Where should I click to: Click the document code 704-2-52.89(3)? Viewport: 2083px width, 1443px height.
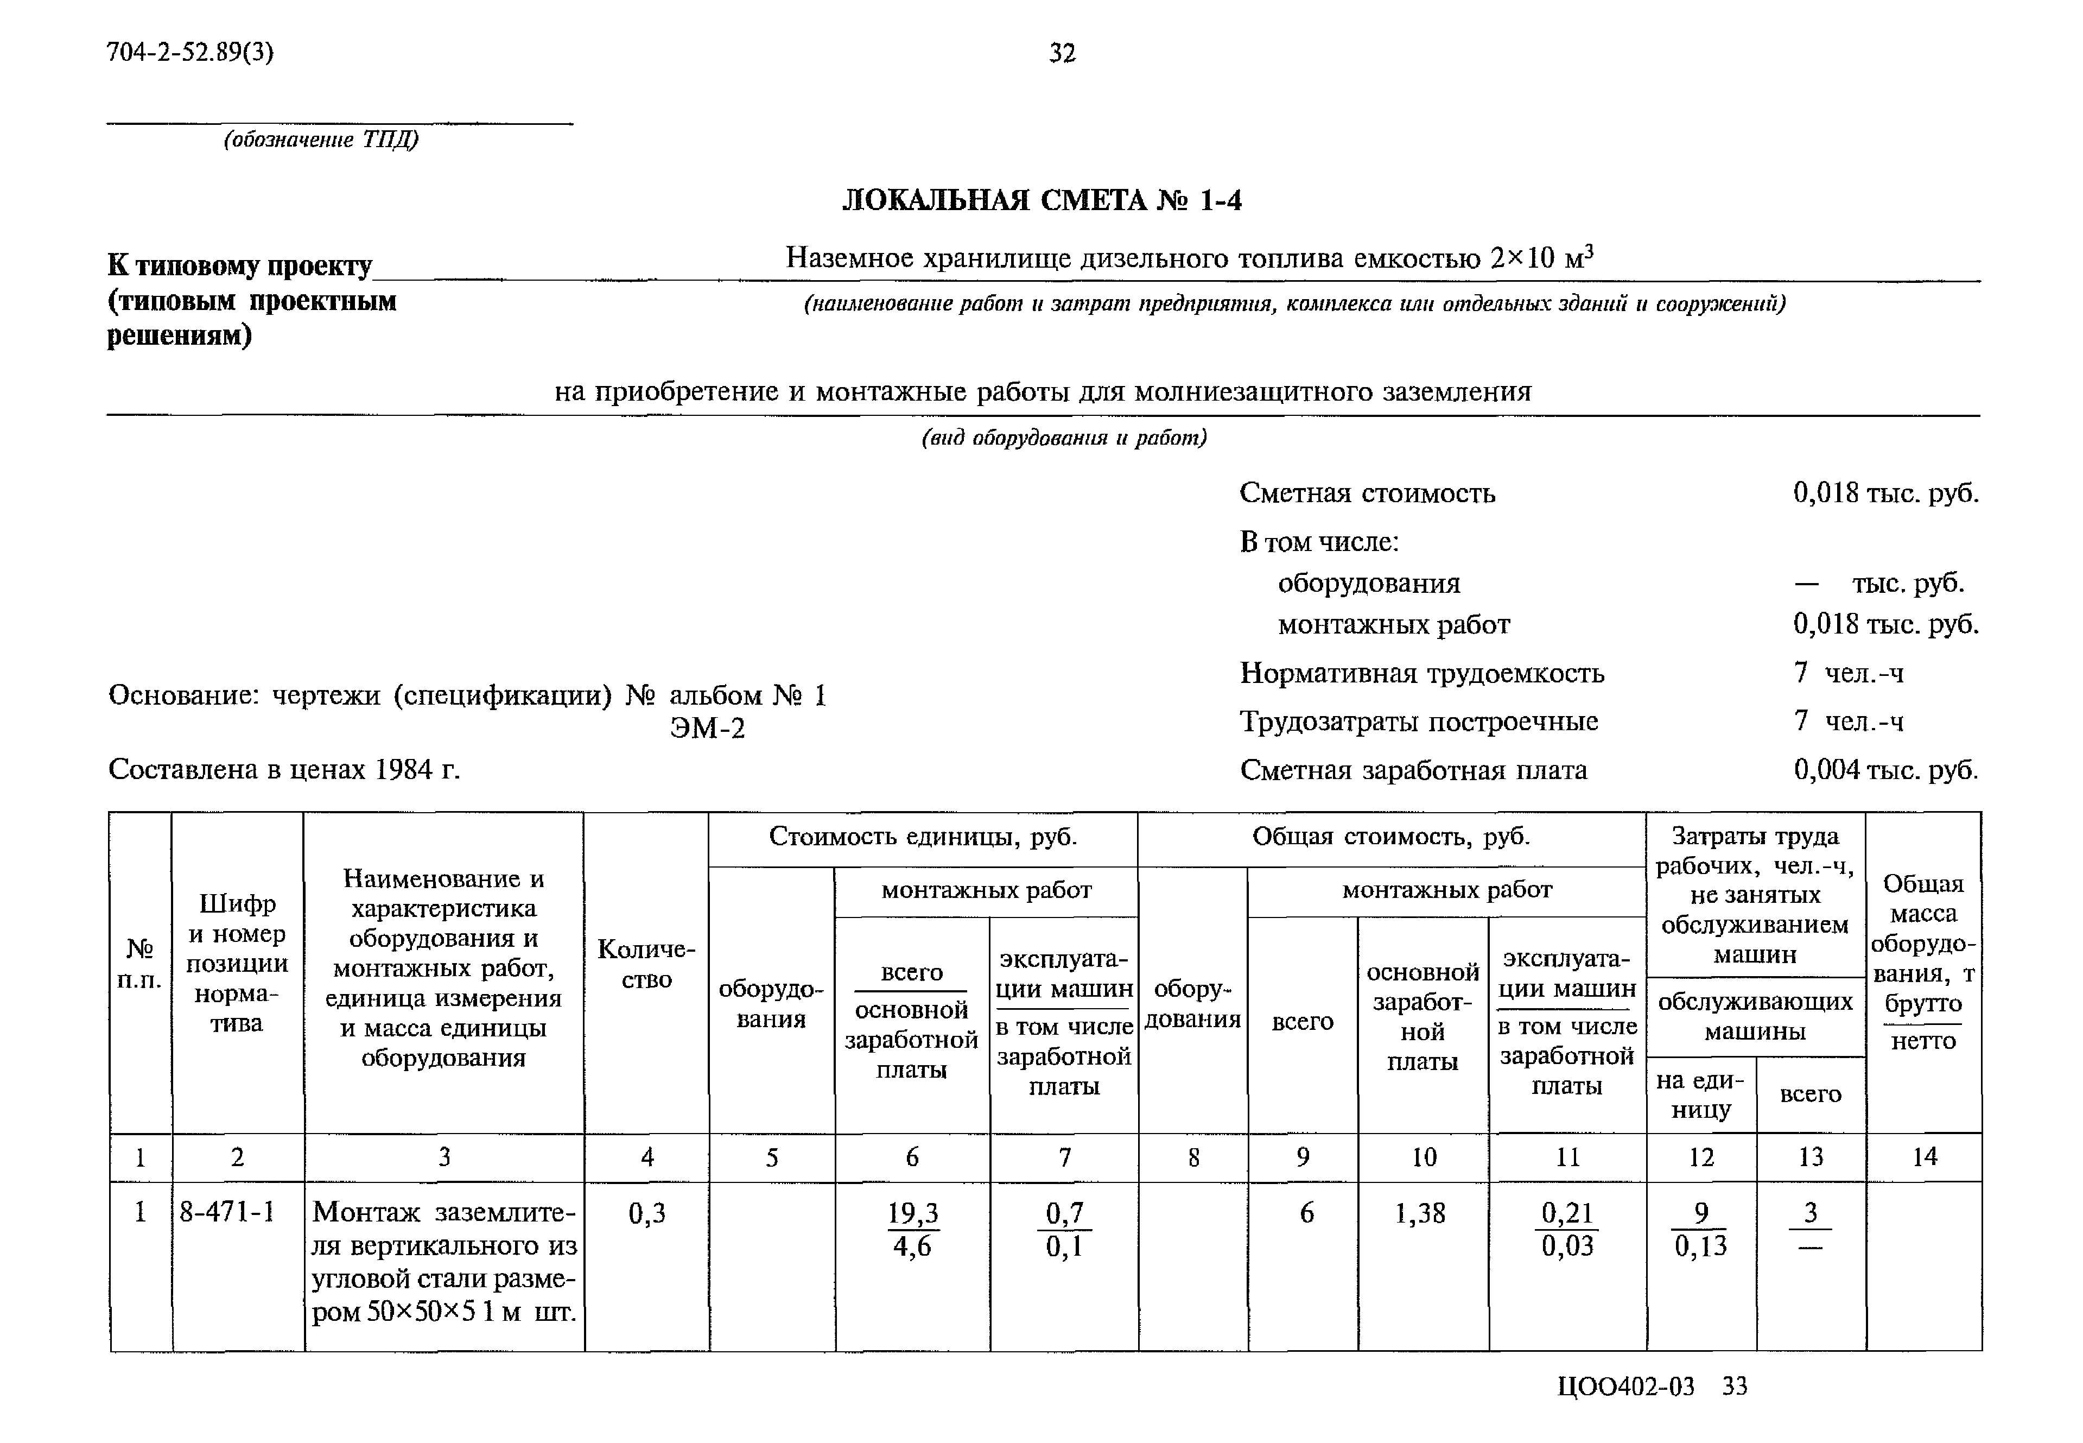pos(190,53)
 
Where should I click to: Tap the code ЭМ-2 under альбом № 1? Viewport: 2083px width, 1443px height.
pos(708,729)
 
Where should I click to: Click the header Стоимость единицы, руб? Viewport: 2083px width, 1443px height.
pos(923,837)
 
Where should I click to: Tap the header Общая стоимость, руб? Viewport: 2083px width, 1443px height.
pos(1391,837)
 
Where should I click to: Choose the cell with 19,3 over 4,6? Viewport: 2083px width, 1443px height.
pos(912,1230)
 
